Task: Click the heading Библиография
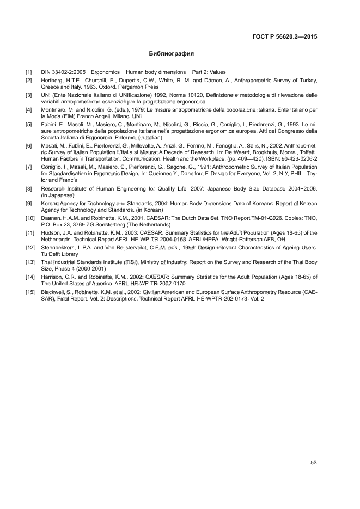coord(172,54)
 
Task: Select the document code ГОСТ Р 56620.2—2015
coord(285,37)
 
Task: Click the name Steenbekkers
coord(58,248)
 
